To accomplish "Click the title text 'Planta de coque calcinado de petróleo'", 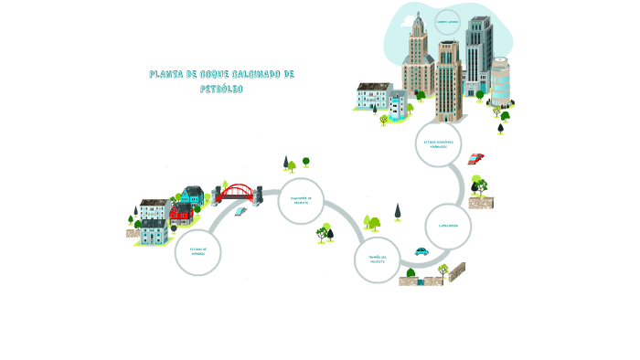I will coord(221,80).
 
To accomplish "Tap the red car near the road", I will coord(475,158).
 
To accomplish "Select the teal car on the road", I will coord(421,251).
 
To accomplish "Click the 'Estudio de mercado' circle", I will coord(197,251).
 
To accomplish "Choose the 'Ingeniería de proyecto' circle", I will coord(301,200).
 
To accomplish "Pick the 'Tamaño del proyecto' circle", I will coord(377,259).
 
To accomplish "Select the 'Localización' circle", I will coord(448,226).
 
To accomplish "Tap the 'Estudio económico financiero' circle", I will coord(438,144).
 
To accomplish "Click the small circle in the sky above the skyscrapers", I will coord(447,22).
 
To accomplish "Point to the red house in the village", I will coord(179,213).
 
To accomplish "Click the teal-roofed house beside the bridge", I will coord(192,195).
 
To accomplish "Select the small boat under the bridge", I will coord(240,211).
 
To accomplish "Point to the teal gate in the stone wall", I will coord(421,281).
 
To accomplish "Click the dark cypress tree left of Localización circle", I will coord(398,211).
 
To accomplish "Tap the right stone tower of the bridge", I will coord(259,193).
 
